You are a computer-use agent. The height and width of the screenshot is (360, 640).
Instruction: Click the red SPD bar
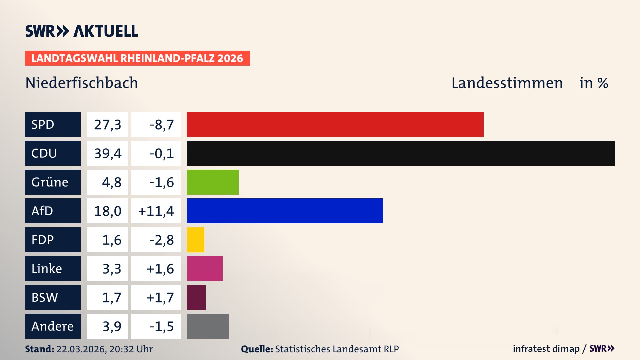pos(335,124)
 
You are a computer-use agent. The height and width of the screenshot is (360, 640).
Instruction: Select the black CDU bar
pos(401,153)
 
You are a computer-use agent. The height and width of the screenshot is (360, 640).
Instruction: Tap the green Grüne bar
pos(213,182)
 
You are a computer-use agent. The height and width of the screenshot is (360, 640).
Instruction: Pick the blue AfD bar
pos(285,211)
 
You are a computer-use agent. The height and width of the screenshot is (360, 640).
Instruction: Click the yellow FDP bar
pos(195,240)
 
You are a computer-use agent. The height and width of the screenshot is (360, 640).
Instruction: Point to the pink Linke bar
pos(205,268)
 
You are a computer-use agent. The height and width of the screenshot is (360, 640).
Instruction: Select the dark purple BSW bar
pos(196,297)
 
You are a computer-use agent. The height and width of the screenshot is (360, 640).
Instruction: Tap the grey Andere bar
pos(208,326)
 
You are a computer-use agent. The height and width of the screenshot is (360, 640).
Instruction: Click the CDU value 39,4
pos(107,153)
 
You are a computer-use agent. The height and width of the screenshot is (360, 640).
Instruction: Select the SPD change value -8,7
pos(162,125)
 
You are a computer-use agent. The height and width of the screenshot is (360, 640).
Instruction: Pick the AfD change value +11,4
pos(156,211)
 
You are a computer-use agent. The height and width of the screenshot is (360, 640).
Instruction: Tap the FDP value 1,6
pos(111,240)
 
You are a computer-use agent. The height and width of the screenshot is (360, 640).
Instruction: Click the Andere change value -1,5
pos(162,326)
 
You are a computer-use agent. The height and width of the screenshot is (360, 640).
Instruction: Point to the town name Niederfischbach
pos(81,83)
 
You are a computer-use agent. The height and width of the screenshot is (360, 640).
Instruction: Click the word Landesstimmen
pos(507,83)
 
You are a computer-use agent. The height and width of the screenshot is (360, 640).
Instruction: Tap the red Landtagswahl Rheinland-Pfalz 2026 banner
pos(137,58)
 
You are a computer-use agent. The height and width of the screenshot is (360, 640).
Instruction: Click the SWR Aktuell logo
pos(81,31)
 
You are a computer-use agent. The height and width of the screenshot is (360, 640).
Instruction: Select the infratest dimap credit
pos(546,349)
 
